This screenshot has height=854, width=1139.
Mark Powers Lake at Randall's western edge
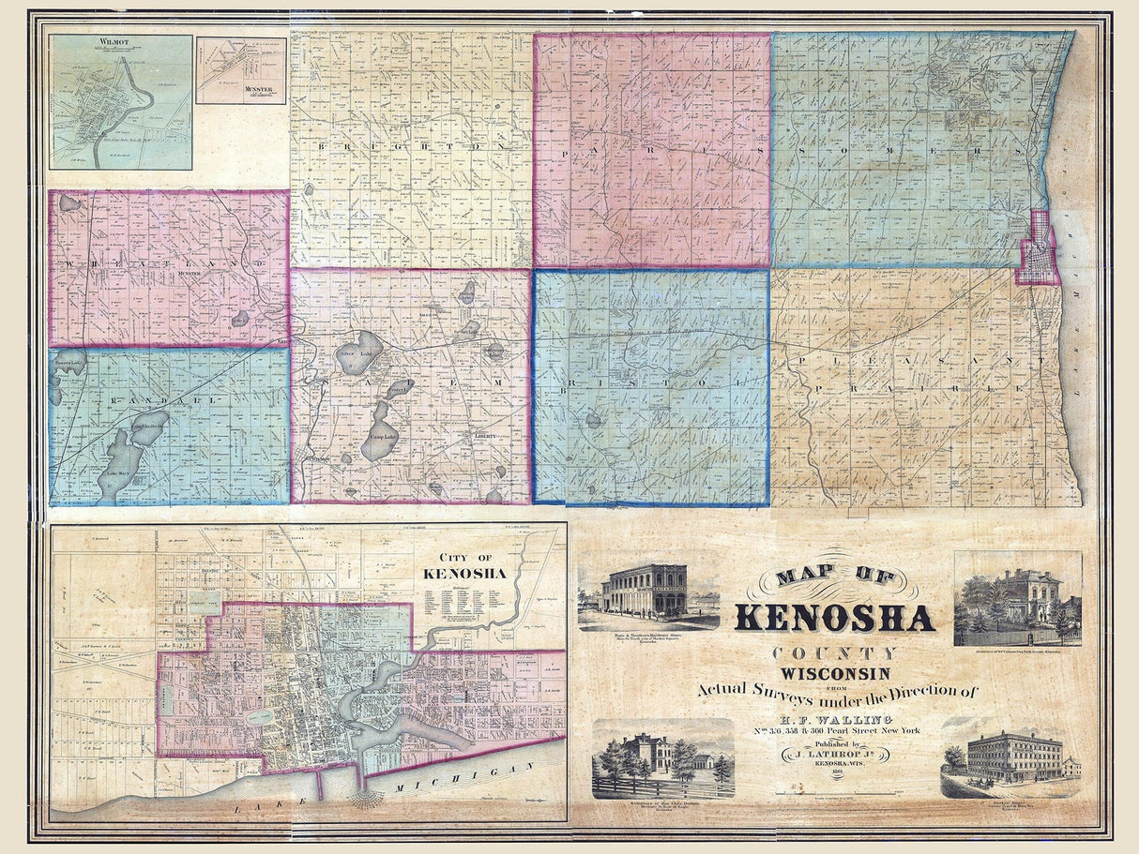point(68,359)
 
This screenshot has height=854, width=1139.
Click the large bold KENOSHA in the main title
point(834,618)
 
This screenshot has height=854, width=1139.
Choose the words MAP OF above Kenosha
point(834,577)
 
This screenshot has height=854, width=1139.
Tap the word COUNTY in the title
point(834,653)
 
